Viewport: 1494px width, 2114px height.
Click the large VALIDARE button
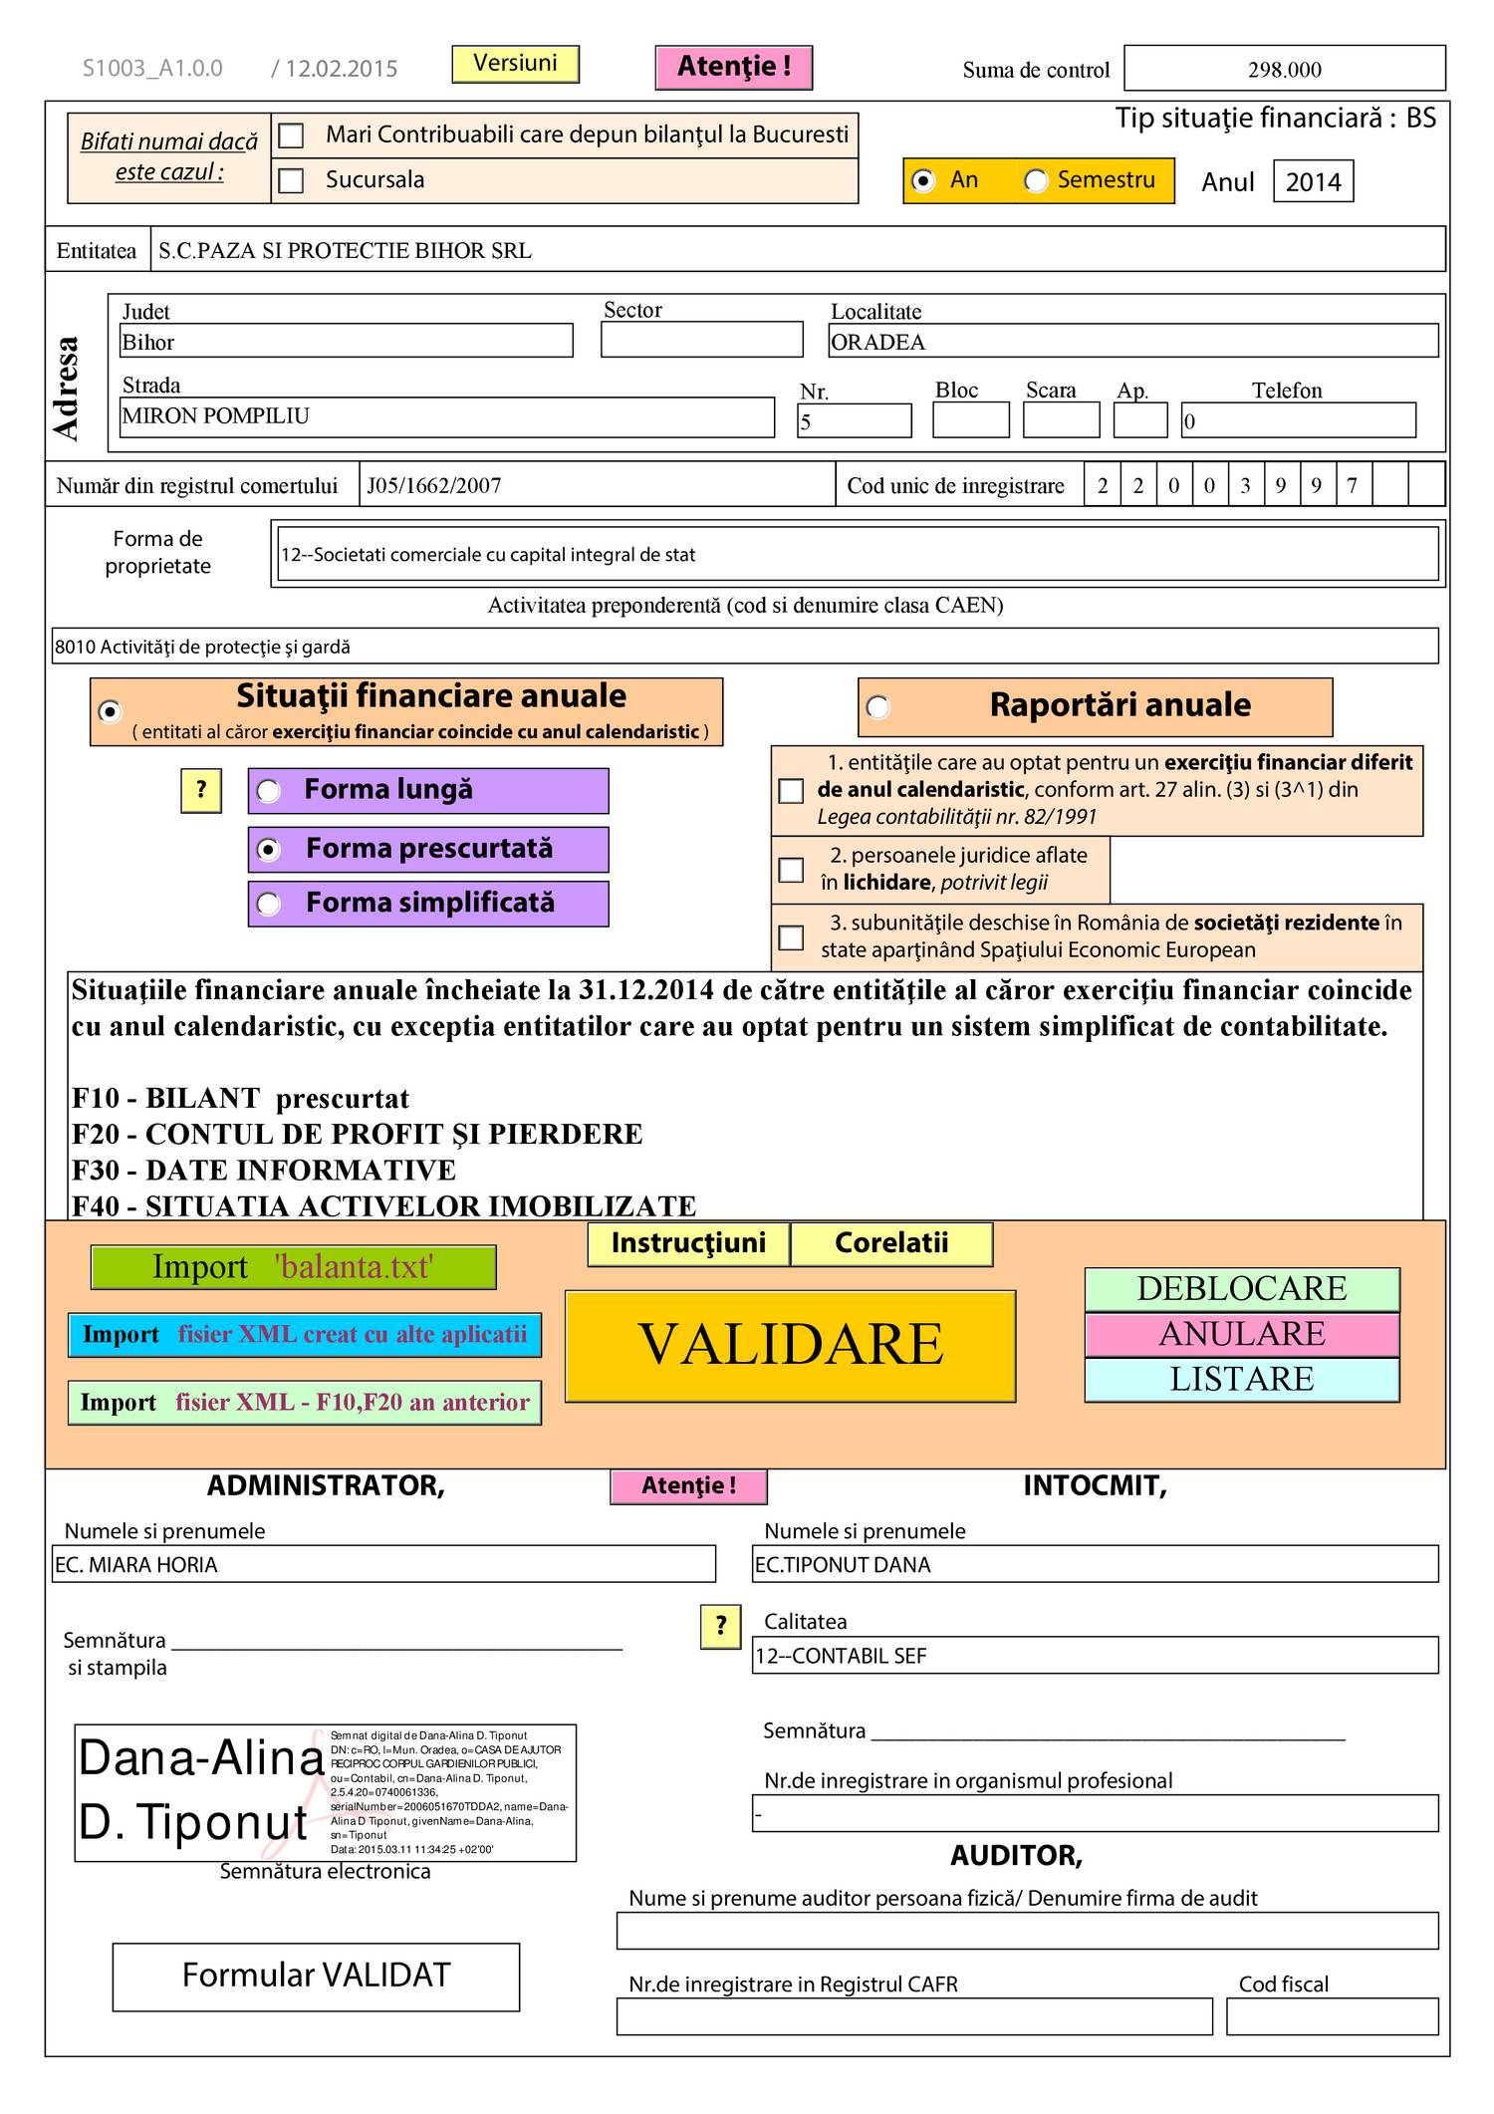click(x=790, y=1345)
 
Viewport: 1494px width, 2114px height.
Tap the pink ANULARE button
click(x=1241, y=1334)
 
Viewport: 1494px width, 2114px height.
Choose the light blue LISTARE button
click(x=1241, y=1380)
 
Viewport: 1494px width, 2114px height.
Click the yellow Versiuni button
click(x=515, y=64)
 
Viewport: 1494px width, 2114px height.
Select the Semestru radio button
click(x=1036, y=181)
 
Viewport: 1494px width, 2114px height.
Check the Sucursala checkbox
click(x=291, y=180)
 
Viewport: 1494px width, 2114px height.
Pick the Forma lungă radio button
click(x=269, y=791)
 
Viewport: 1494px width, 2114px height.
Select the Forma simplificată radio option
click(x=269, y=904)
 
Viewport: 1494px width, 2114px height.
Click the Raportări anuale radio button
click(x=877, y=706)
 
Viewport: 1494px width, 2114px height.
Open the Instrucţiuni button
click(x=688, y=1243)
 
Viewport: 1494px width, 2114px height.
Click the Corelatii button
click(x=891, y=1243)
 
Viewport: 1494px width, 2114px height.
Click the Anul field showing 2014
click(x=1312, y=181)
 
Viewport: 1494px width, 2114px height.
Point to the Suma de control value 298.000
click(x=1284, y=69)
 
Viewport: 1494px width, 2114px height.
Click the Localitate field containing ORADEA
click(x=1132, y=342)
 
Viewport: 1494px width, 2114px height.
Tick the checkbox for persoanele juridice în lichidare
click(x=791, y=870)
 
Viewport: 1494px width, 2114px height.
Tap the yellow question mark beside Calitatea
click(x=720, y=1627)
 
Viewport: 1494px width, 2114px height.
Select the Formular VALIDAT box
click(x=316, y=1976)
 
